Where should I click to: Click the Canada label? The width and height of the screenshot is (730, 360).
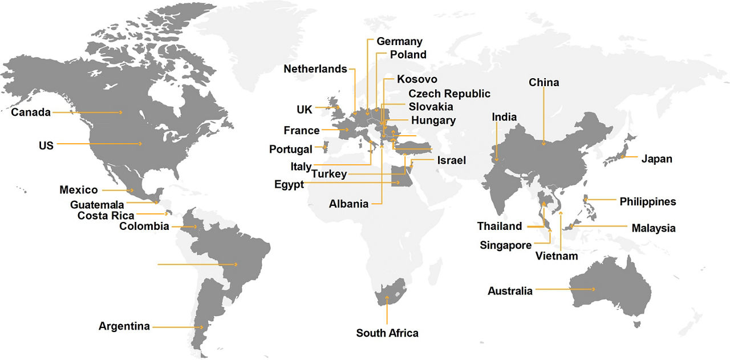click(31, 112)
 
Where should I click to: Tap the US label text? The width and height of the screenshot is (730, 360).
click(46, 145)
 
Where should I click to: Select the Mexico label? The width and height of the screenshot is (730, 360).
click(79, 190)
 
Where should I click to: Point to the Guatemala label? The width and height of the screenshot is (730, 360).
click(97, 204)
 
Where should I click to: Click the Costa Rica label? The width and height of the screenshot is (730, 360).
click(106, 216)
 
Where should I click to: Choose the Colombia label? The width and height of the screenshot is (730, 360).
click(144, 226)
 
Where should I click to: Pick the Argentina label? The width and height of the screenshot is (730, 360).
click(124, 326)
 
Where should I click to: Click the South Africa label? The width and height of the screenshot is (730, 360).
click(387, 333)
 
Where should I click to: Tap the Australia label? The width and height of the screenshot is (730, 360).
click(510, 291)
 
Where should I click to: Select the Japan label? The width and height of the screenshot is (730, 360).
click(656, 159)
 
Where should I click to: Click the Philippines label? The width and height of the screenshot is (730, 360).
click(647, 201)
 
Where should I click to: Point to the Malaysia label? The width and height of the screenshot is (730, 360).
click(653, 228)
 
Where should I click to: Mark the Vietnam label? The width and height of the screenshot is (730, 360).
click(557, 256)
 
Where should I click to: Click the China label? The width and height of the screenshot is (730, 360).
click(544, 83)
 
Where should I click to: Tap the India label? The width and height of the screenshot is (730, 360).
click(504, 117)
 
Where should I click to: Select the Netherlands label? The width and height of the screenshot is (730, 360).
click(315, 69)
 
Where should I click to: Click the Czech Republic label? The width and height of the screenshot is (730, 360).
click(449, 94)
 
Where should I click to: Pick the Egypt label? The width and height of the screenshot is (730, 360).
click(289, 184)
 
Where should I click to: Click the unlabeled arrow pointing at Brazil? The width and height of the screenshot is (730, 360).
click(197, 264)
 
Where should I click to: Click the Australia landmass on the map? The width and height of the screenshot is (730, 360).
click(610, 291)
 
